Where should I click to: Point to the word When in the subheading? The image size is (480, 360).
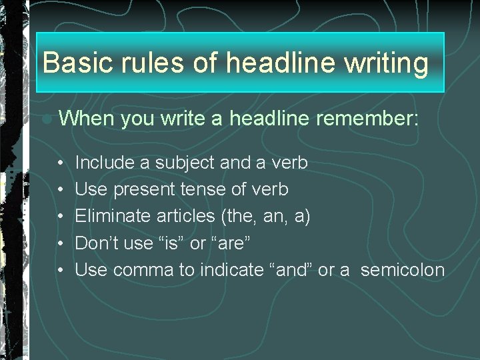[85, 119]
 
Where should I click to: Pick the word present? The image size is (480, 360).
[145, 190]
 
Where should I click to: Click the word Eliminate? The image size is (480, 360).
[113, 217]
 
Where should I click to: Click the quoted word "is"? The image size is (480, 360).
[171, 243]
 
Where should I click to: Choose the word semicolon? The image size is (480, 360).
[402, 270]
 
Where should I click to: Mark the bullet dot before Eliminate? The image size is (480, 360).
[60, 217]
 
